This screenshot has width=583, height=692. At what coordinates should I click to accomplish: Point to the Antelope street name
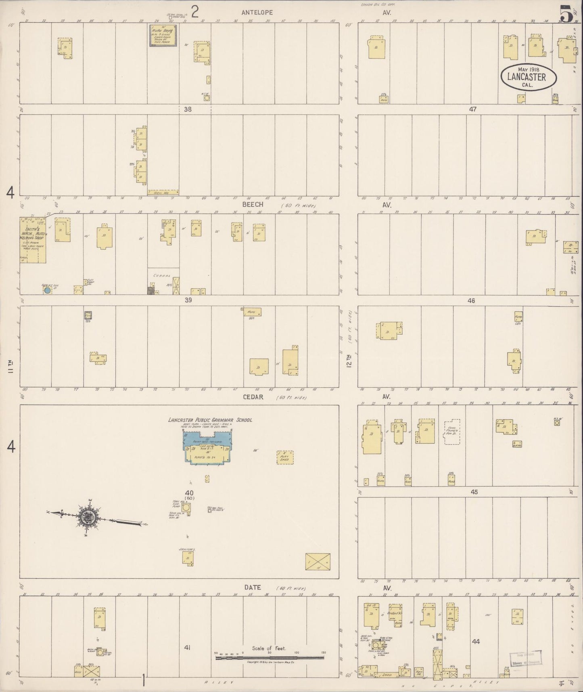pos(257,13)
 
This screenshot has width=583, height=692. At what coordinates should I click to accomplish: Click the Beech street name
pos(253,205)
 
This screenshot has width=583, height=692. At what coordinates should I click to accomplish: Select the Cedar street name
pos(253,397)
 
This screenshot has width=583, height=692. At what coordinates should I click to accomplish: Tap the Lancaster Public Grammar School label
pos(210,420)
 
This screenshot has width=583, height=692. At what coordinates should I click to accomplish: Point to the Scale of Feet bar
pos(270,658)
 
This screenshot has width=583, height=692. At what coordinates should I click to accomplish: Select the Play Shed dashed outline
pos(285,457)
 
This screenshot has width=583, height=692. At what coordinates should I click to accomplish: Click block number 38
pos(188,109)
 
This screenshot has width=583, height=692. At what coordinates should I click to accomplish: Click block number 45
pos(474,492)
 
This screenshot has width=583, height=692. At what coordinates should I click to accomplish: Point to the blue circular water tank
pos(47,290)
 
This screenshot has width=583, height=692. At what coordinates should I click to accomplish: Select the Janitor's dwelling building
pos(187,558)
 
